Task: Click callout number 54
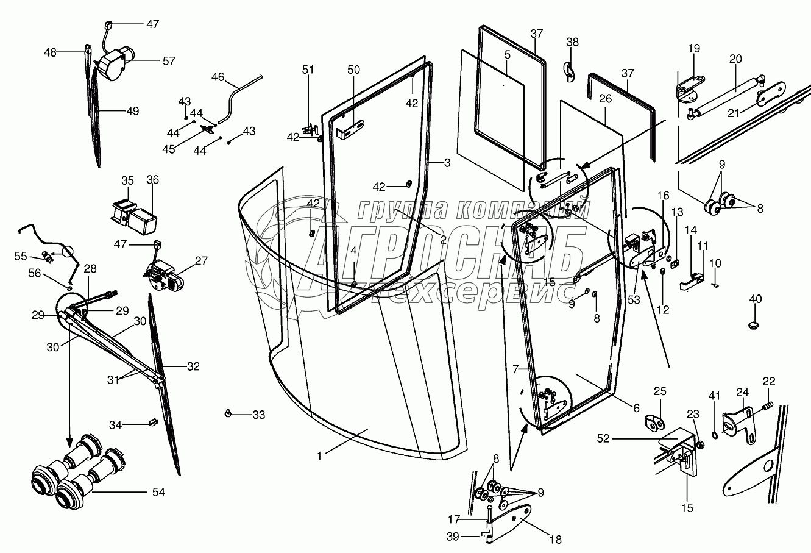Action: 158,492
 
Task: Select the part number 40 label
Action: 756,299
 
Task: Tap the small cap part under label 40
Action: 754,325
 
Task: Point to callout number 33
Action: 258,415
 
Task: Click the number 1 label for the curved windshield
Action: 319,456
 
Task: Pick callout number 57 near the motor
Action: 169,61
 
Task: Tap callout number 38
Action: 572,42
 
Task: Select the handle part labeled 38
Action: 569,72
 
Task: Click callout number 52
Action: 604,439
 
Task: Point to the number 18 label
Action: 555,540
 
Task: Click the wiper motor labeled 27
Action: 163,276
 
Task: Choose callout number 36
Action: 152,179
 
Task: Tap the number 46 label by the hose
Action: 218,77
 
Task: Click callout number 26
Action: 605,99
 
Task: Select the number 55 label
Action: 21,256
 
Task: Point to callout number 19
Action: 694,48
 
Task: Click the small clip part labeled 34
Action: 154,422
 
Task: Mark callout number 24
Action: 743,392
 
